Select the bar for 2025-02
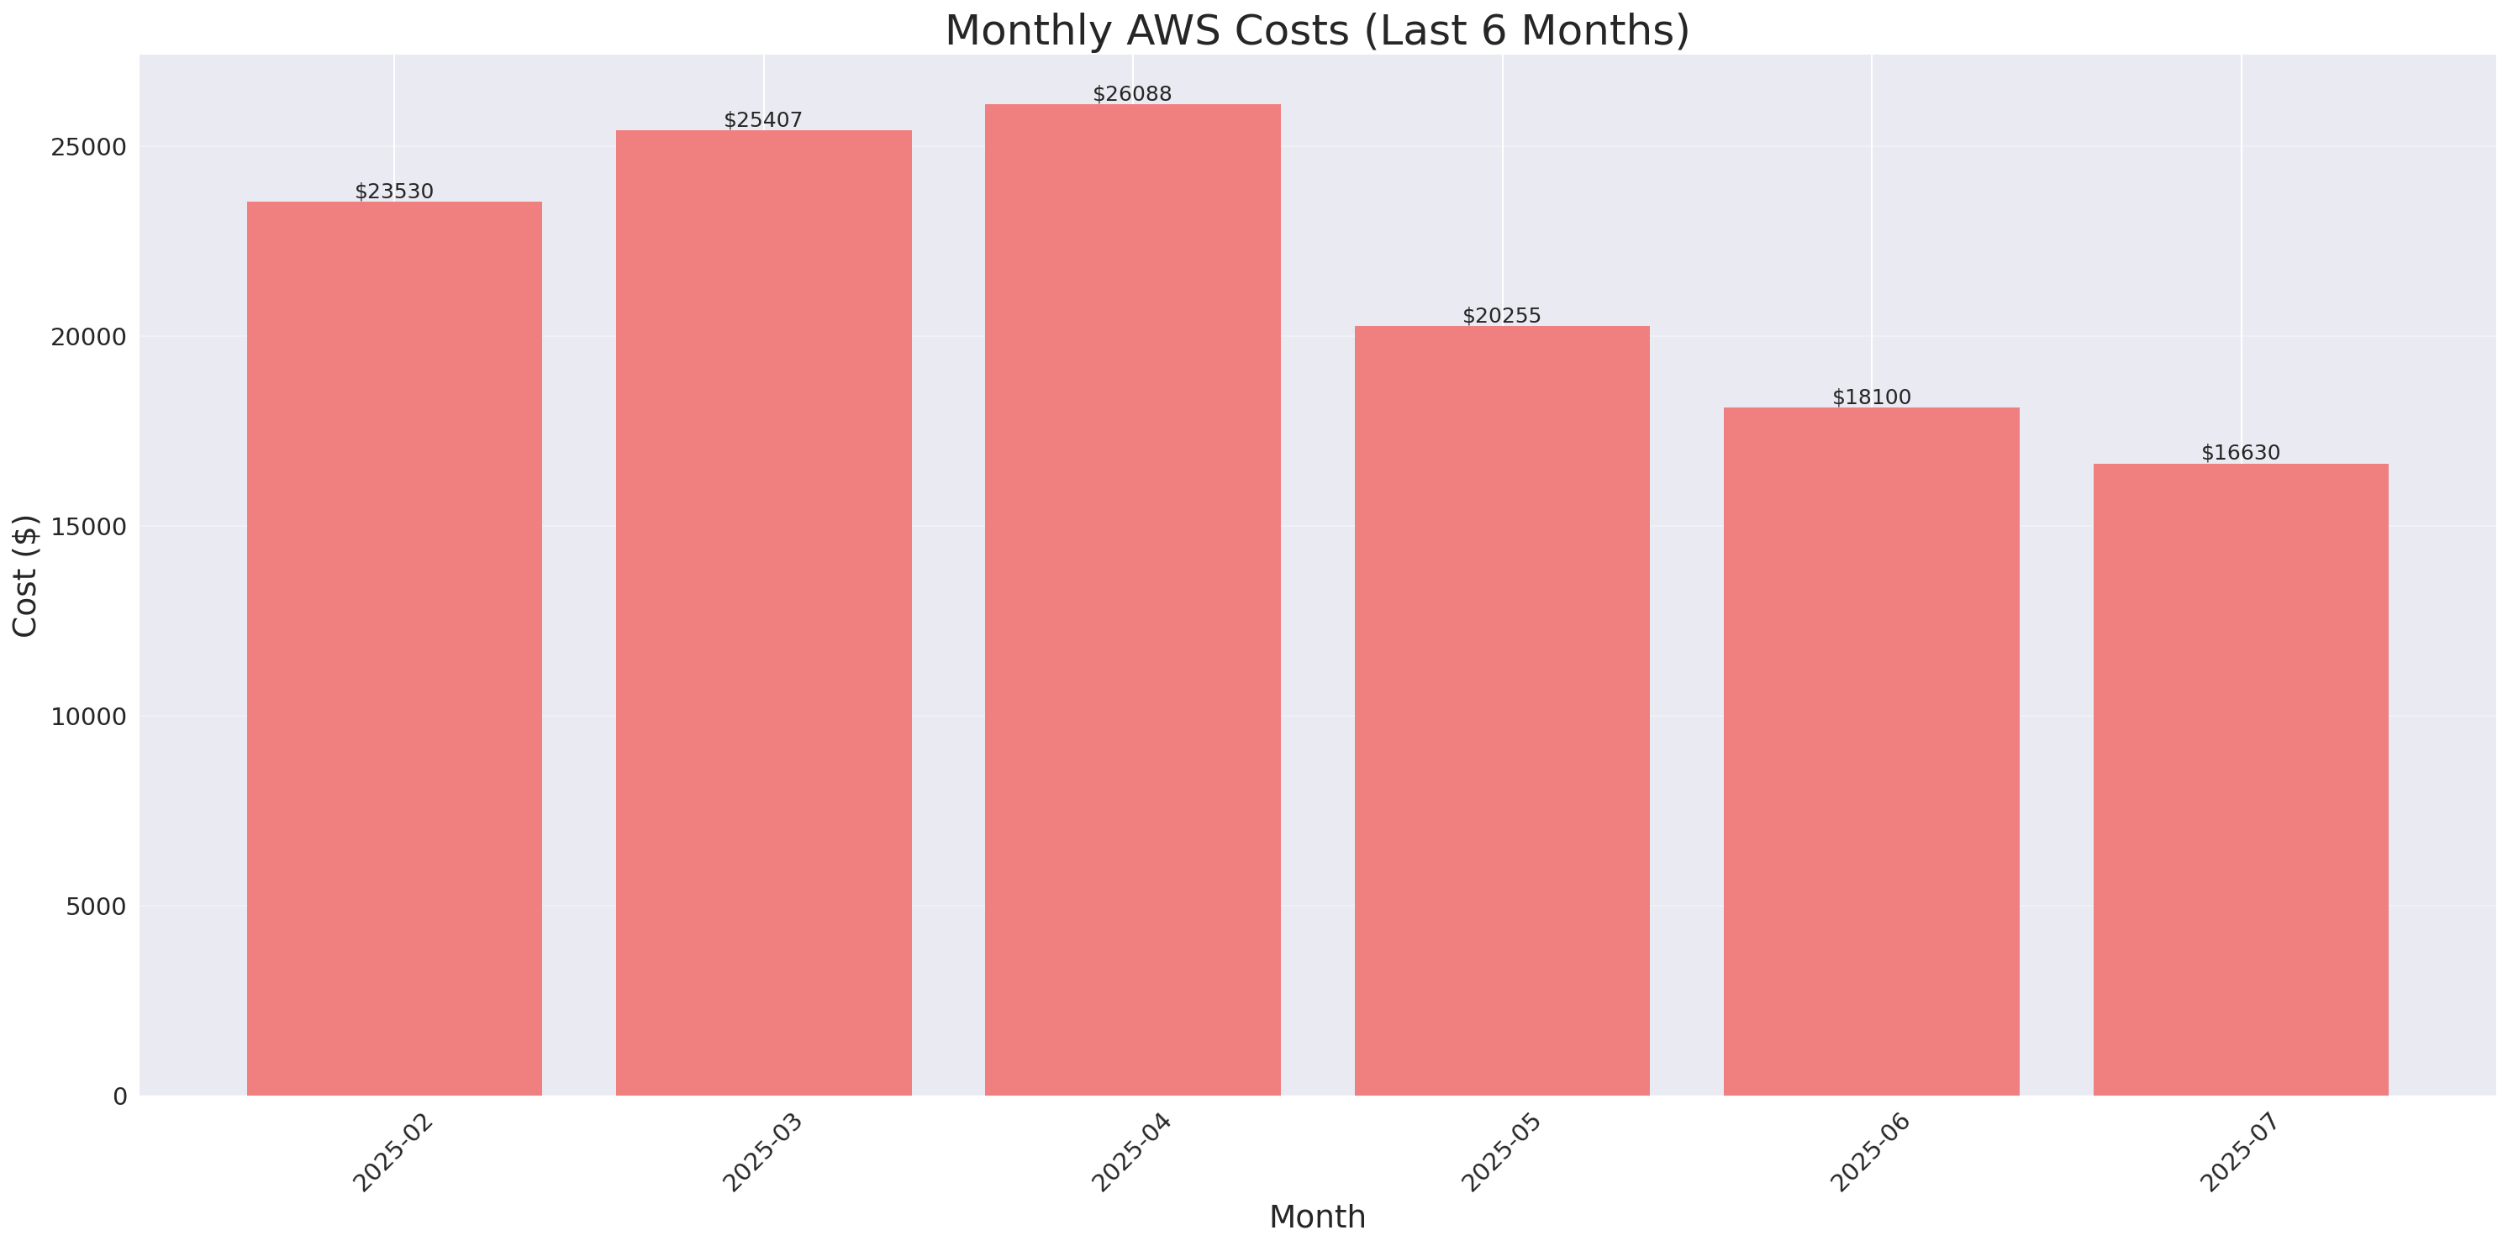394,649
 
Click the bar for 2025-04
1132,600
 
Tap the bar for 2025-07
2240,779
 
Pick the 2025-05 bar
1501,711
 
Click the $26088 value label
1132,93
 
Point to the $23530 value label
394,192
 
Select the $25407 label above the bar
763,120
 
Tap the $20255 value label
1501,315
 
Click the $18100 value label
1871,397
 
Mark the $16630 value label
2240,453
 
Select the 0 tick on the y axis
119,1097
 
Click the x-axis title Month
1317,1217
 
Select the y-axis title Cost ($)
25,576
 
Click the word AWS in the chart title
1172,30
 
